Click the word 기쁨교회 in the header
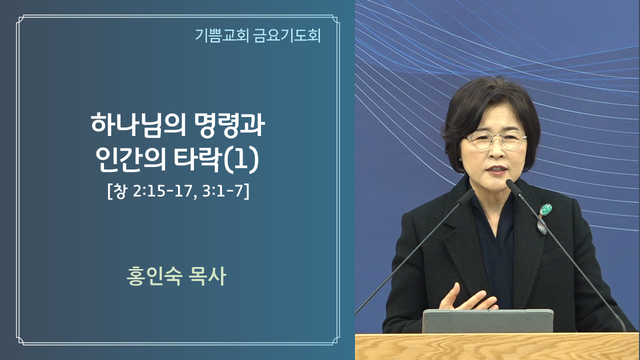(221, 35)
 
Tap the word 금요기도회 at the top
(287, 35)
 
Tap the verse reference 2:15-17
(162, 191)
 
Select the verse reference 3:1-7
(223, 191)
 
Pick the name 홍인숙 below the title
(154, 276)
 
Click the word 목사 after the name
(207, 276)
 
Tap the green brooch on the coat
(545, 210)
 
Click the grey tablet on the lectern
(487, 321)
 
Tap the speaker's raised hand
(465, 298)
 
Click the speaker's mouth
(497, 169)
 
